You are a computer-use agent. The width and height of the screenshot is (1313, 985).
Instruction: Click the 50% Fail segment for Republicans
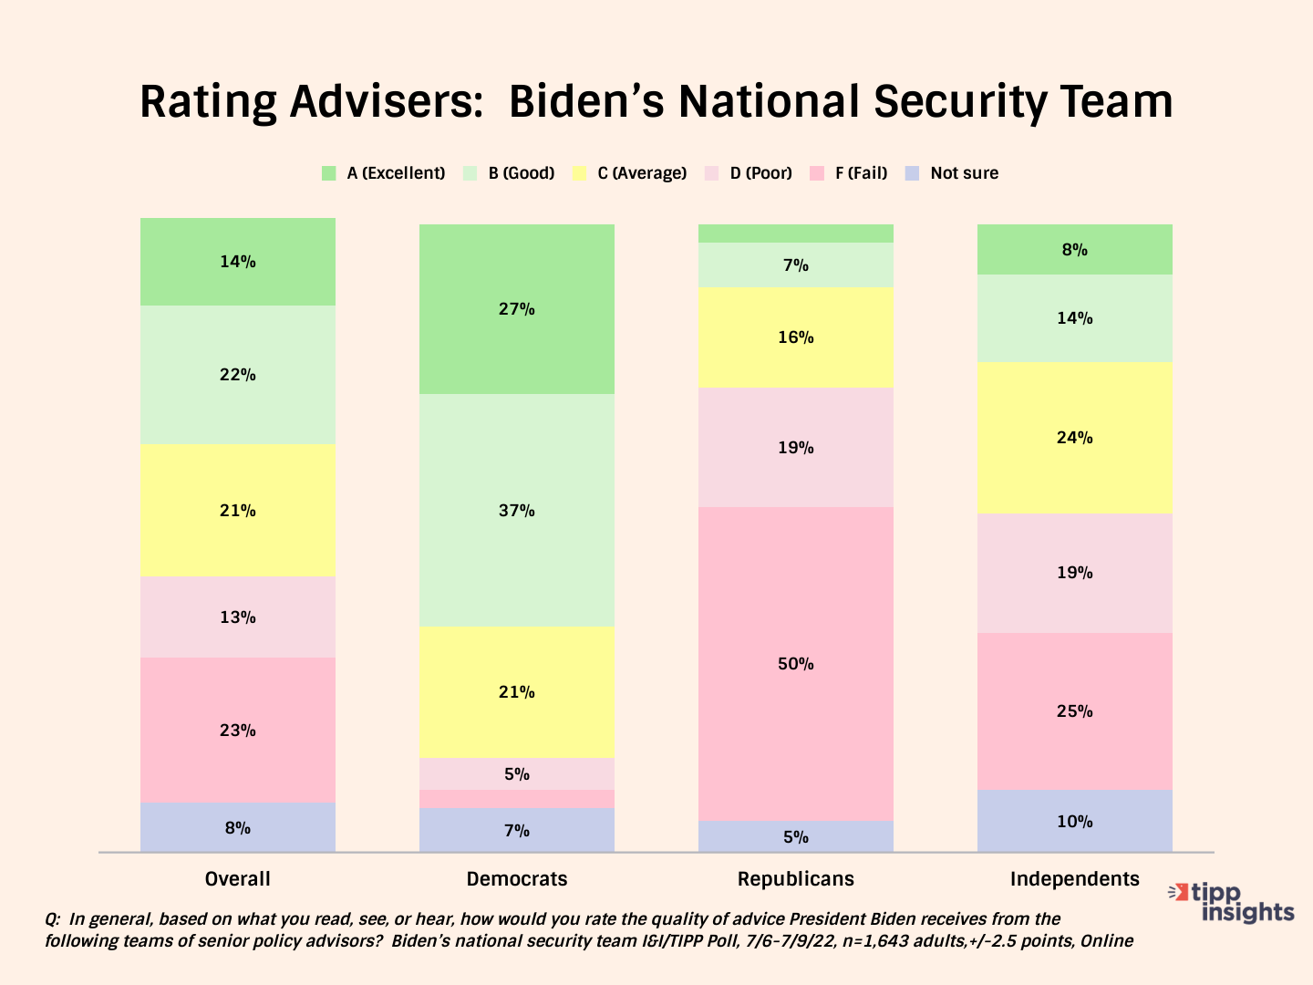tap(795, 664)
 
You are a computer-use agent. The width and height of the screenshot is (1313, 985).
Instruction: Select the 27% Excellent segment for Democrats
tap(516, 309)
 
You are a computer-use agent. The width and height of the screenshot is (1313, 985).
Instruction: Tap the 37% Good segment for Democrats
tap(516, 510)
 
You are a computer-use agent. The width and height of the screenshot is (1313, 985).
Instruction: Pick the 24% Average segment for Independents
tap(1074, 438)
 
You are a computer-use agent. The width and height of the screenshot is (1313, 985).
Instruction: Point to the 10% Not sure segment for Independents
tap(1074, 821)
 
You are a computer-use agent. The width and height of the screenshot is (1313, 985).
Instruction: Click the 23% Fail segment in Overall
tap(237, 730)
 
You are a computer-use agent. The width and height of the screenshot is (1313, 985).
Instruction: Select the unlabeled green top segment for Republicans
tap(795, 233)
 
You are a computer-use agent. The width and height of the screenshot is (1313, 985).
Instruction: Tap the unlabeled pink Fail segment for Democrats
tap(516, 799)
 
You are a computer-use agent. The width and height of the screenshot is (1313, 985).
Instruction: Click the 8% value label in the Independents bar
tap(1074, 250)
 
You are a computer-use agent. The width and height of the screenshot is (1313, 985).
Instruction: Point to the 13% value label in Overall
tap(237, 617)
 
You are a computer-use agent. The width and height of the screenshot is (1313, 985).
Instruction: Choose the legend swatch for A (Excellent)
tap(329, 173)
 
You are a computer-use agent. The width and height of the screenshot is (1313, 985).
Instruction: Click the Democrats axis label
tap(516, 879)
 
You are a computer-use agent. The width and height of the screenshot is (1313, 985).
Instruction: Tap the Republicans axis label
tap(795, 879)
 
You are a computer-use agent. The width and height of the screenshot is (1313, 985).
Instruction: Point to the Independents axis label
tap(1074, 879)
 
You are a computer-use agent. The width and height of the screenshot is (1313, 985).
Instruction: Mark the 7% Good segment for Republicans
tap(795, 265)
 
